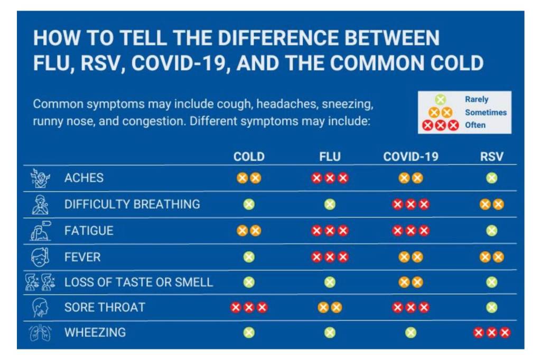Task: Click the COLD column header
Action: (249, 157)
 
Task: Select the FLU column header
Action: (330, 157)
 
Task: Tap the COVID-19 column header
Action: (411, 157)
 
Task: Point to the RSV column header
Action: (492, 157)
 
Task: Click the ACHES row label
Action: (84, 178)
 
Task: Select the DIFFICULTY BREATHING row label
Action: (132, 204)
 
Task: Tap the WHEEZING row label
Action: (95, 333)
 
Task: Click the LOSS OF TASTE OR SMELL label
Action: (138, 282)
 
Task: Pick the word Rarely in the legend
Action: (477, 99)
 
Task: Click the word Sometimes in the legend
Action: (486, 112)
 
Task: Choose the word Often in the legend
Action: (475, 125)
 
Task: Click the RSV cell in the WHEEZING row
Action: (492, 333)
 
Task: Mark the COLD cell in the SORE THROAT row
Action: (249, 307)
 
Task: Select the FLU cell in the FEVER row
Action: (330, 257)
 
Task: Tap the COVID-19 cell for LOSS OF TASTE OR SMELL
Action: (411, 282)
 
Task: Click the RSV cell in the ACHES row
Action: (492, 178)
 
